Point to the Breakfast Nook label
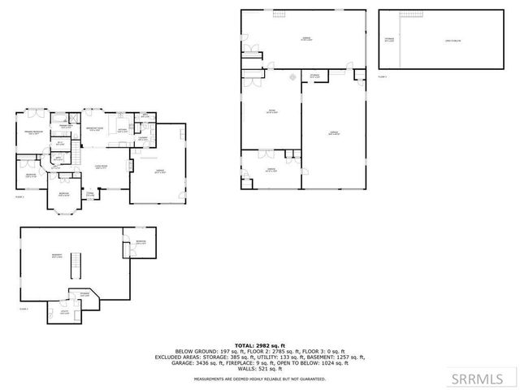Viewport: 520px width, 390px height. point(94,128)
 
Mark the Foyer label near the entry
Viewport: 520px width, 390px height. point(91,193)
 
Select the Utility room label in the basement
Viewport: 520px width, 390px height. point(64,312)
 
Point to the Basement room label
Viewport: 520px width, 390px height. point(58,257)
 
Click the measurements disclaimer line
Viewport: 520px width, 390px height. point(259,380)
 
